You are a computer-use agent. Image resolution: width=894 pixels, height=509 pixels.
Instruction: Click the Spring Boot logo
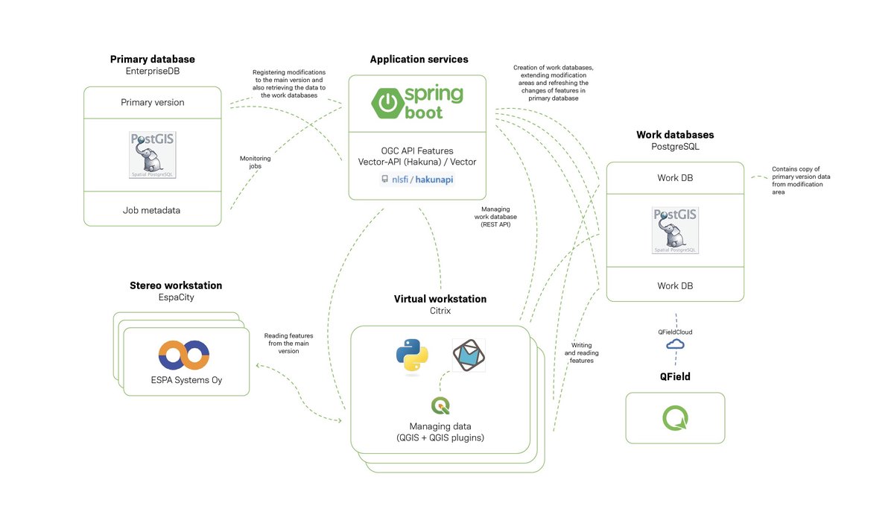(x=418, y=102)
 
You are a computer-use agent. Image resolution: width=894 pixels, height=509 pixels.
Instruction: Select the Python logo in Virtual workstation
(x=411, y=356)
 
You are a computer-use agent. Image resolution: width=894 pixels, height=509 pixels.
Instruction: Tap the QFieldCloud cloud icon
(x=675, y=344)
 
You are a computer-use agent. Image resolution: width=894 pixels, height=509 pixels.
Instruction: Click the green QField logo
(x=675, y=417)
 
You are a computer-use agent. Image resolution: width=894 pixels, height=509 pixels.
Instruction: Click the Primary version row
(x=153, y=103)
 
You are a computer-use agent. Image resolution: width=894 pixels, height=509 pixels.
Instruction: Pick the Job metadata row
(x=153, y=210)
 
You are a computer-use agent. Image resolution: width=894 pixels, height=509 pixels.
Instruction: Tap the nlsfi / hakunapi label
(x=417, y=180)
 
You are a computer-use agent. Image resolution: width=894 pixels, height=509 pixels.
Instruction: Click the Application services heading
(x=419, y=60)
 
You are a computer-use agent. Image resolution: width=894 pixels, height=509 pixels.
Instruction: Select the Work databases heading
(x=675, y=135)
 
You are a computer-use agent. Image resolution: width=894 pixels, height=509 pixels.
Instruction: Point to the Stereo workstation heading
(x=176, y=285)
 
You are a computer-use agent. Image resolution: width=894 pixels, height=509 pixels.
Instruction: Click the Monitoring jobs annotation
(x=255, y=162)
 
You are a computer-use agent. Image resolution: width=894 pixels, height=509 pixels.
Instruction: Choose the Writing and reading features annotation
(x=582, y=352)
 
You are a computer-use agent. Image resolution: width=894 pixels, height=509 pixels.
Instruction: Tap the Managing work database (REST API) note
(x=495, y=217)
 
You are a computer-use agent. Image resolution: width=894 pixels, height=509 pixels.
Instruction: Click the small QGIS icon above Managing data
(x=440, y=405)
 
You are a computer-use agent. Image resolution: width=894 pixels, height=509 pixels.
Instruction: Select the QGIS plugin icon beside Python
(x=469, y=355)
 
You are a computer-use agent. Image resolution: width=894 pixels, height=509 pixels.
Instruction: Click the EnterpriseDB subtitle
(x=153, y=71)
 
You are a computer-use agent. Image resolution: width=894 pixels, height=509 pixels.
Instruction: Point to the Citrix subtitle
(x=440, y=310)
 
